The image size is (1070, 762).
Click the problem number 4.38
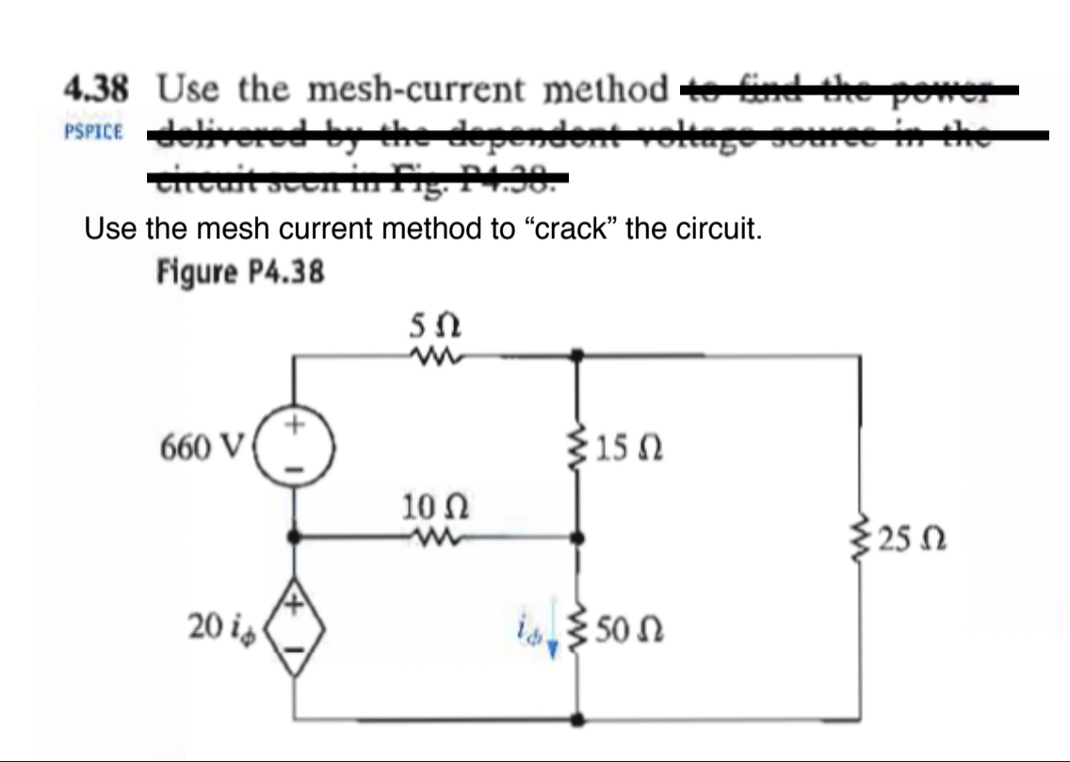(96, 91)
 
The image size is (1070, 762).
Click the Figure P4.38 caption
(239, 272)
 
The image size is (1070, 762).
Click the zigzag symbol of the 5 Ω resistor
(434, 356)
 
